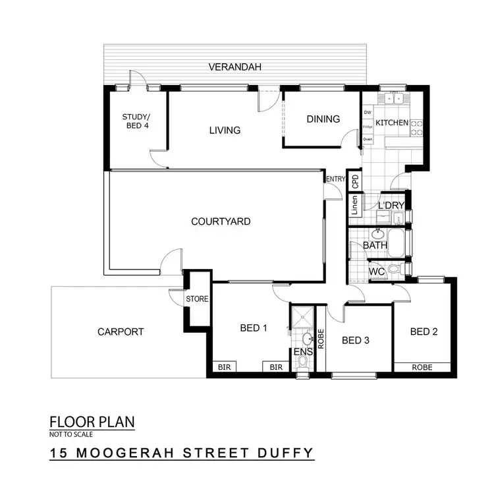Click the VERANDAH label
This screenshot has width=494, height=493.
[236, 67]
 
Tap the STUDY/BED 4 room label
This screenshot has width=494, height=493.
[134, 121]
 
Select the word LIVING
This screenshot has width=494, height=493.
[225, 130]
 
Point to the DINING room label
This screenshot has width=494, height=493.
[323, 119]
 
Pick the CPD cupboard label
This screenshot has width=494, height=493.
[354, 181]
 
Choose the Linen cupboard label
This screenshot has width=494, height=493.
[354, 206]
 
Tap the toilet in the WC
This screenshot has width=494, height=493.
[394, 269]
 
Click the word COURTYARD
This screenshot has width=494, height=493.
[221, 221]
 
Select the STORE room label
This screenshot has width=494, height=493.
[197, 299]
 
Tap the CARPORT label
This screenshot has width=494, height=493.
[121, 332]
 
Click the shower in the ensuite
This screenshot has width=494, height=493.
[302, 318]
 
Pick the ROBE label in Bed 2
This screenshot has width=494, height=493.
[422, 367]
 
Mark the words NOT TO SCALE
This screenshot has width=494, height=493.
[71, 435]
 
